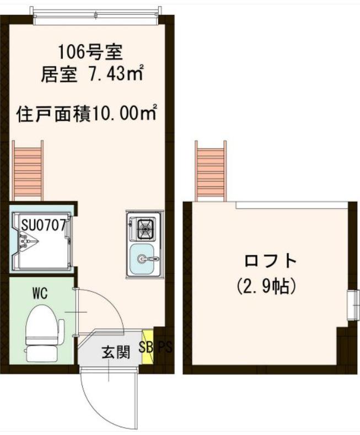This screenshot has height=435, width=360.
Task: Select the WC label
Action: [x=40, y=293]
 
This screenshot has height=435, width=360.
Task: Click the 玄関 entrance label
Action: [x=115, y=352]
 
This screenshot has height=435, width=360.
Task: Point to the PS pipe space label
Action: [x=165, y=347]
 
